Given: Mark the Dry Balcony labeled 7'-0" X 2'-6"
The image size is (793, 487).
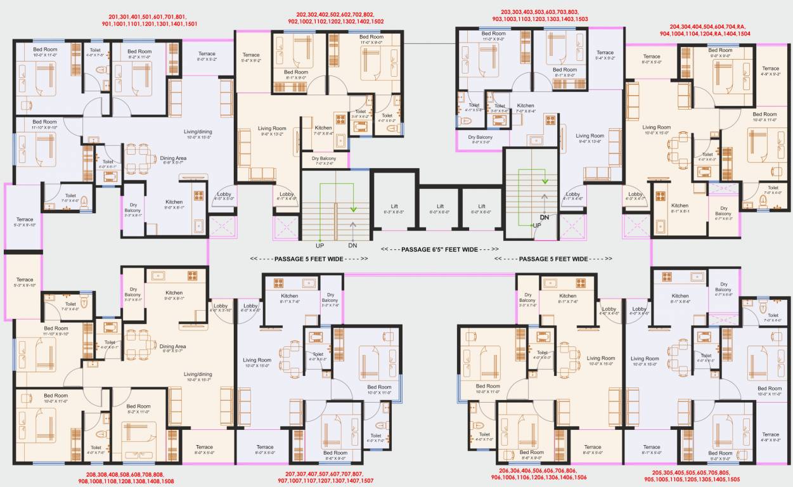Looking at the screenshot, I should coord(328,160).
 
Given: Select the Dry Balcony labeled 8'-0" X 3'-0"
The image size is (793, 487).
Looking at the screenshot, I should coord(480,140).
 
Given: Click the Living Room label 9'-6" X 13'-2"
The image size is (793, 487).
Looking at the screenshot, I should coord(272,131).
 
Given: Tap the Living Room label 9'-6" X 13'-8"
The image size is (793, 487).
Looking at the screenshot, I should coord(590,139).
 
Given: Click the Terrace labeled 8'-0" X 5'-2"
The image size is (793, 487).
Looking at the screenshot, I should coord(207,56).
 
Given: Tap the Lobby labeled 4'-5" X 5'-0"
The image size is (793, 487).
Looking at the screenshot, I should coord(224,197).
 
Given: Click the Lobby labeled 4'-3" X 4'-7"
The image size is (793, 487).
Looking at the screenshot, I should coord(635,197).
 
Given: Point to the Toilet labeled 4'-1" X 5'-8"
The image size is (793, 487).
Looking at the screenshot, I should coord(474,107).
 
